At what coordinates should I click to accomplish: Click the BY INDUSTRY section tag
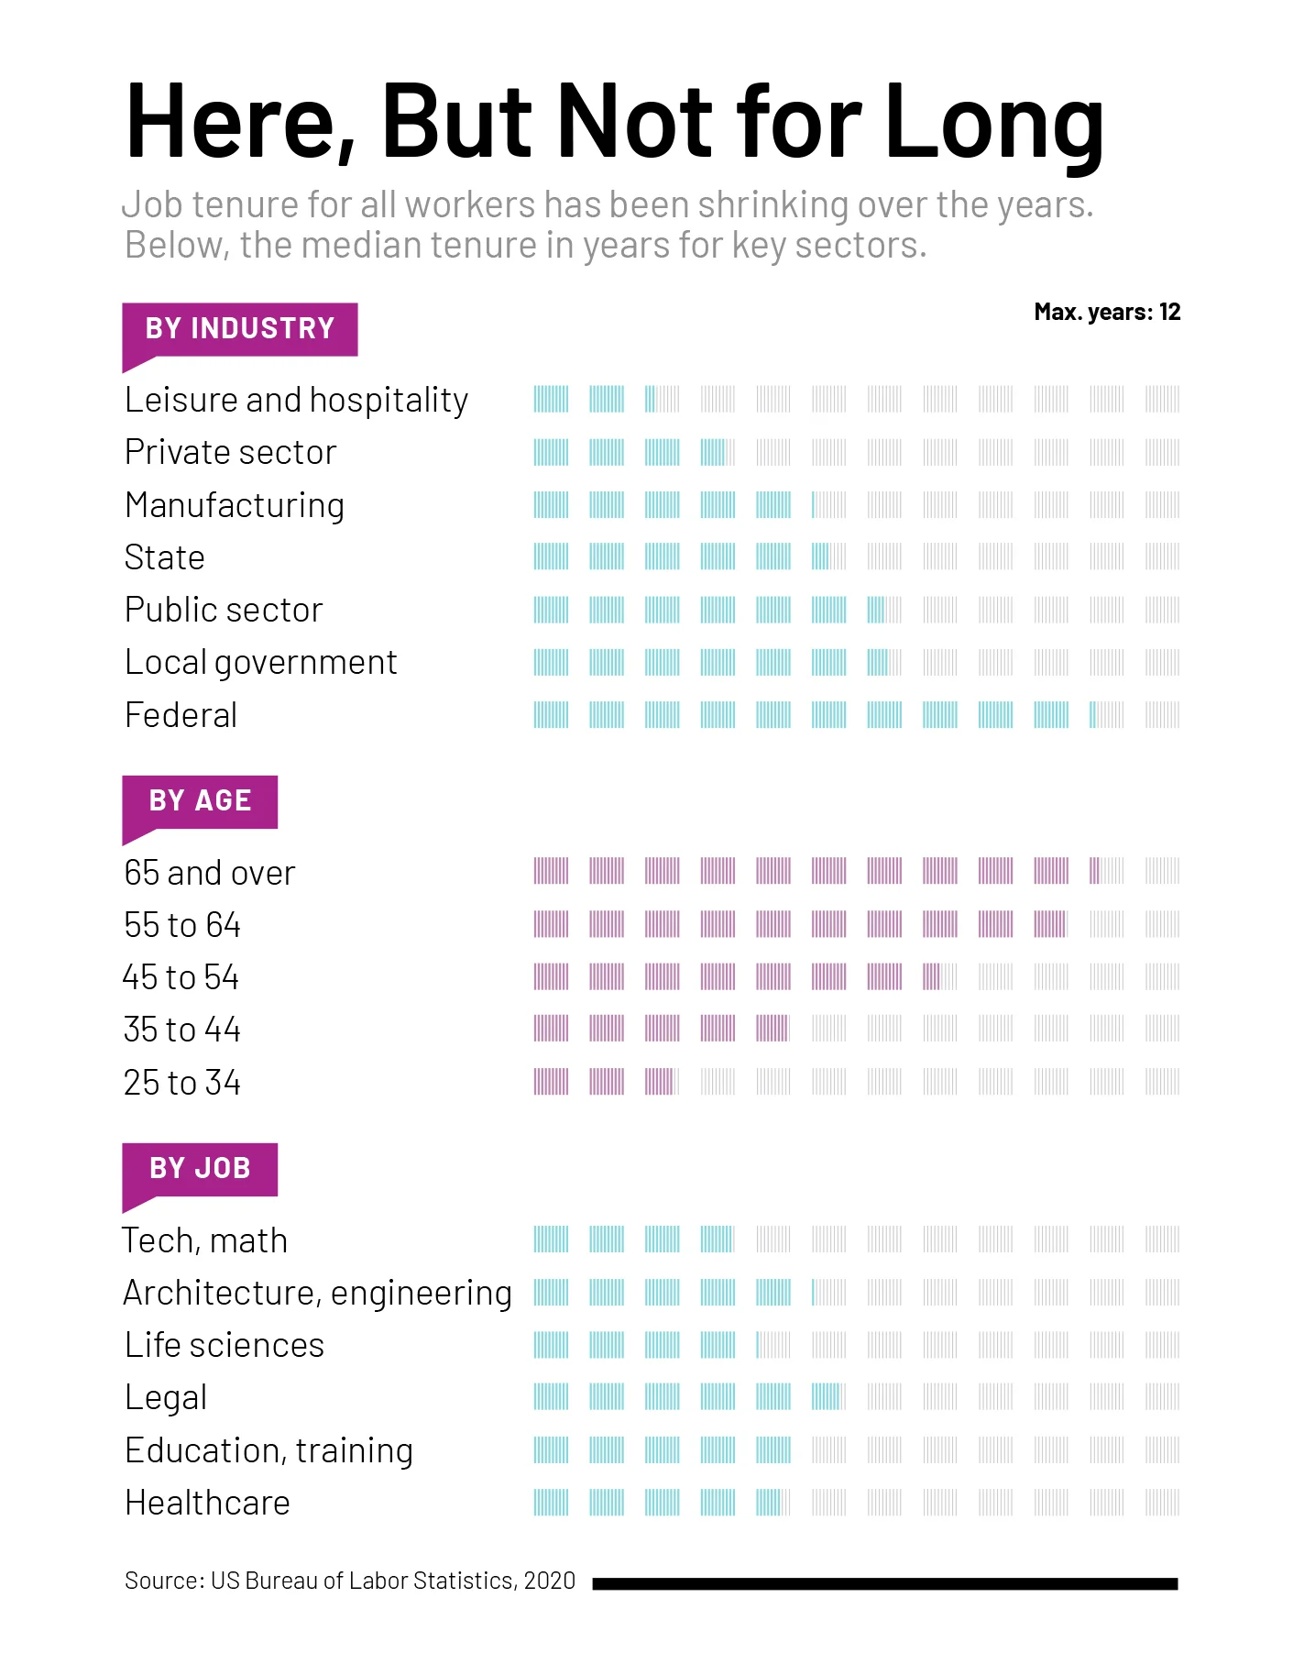pos(240,329)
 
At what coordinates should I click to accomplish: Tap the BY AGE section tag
pos(200,801)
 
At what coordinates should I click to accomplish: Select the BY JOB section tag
pos(200,1169)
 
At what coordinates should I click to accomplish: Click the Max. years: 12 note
pos(1107,313)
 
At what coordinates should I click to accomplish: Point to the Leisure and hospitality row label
pos(296,401)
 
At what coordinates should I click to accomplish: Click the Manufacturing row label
pos(235,505)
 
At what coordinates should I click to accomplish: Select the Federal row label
pos(181,715)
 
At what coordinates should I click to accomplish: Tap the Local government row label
pos(260,662)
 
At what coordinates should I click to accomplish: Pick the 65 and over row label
pos(210,873)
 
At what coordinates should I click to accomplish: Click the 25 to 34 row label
pos(182,1083)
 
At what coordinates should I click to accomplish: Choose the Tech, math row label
pos(205,1240)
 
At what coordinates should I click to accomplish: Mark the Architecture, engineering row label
pos(317,1293)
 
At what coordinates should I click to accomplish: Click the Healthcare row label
pos(207,1504)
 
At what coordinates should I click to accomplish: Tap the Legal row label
pos(166,1398)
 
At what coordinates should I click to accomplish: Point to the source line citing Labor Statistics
pos(350,1581)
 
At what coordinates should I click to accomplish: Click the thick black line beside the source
pos(884,1583)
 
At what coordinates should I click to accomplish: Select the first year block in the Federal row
pos(551,715)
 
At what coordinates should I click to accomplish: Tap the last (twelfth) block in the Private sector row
pos(1162,452)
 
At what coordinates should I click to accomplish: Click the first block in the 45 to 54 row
pos(551,977)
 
